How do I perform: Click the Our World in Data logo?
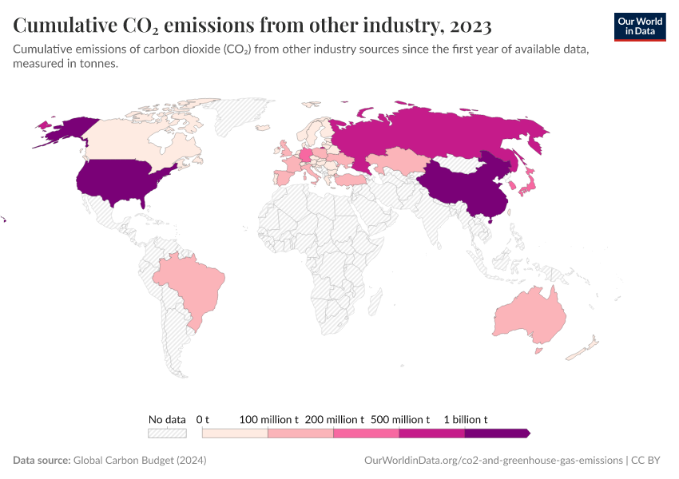(639, 26)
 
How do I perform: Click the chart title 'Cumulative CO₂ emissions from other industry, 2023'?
(252, 26)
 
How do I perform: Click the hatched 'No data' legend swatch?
(167, 433)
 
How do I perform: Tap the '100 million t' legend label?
(268, 419)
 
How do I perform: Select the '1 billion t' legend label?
(465, 419)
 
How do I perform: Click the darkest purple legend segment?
(495, 433)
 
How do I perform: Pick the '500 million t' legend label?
(399, 419)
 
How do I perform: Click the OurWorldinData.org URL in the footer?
(492, 461)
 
